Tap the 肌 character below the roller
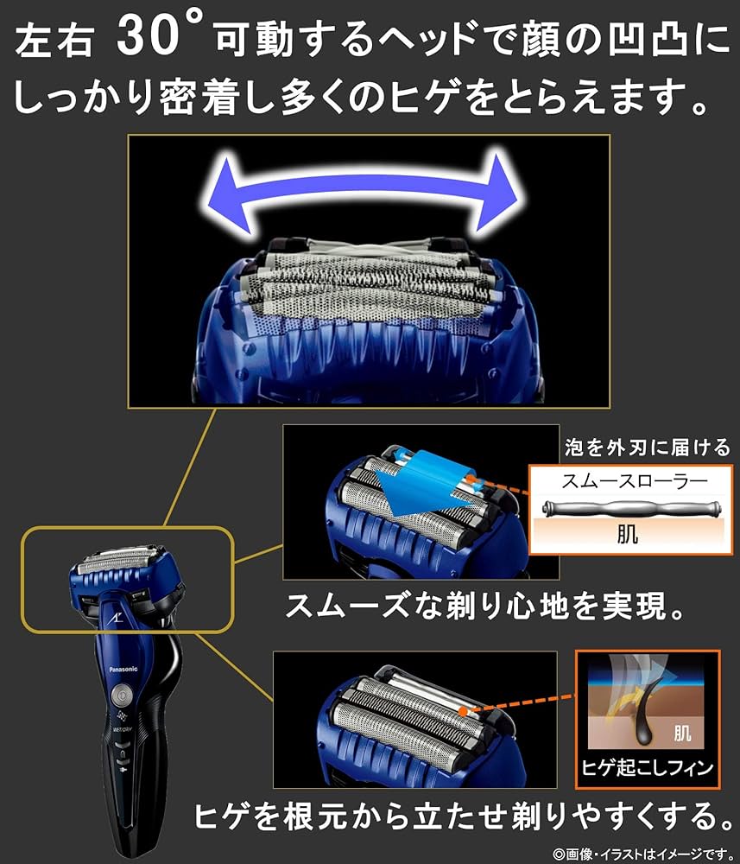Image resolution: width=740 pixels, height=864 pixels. [x=628, y=535]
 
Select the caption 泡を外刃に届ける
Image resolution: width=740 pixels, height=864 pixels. [x=645, y=448]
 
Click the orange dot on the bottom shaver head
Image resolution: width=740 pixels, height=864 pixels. [x=467, y=711]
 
